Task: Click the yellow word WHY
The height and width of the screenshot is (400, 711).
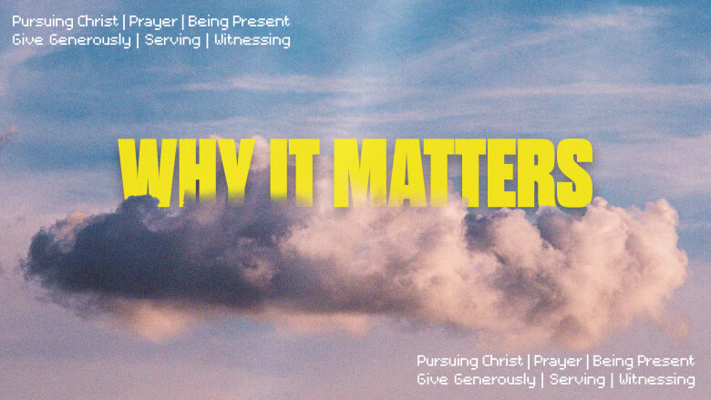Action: [x=187, y=172]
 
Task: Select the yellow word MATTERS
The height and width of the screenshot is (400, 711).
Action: [x=463, y=173]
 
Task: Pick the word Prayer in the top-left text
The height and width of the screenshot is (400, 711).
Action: [x=153, y=22]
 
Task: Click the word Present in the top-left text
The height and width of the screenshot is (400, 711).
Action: [x=263, y=21]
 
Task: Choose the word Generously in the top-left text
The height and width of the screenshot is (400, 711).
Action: [x=89, y=41]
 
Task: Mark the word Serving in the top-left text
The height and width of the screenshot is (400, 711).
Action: [x=173, y=41]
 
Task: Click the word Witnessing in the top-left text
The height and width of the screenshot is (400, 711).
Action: [x=252, y=41]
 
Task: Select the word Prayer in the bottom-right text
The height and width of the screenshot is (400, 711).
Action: [x=558, y=362]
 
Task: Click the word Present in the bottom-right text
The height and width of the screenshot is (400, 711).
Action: [x=667, y=361]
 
